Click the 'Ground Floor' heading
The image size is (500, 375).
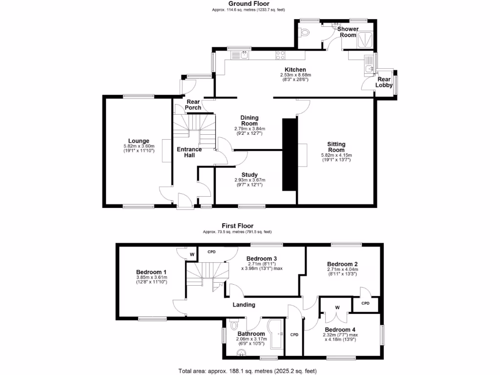(x=249, y=4)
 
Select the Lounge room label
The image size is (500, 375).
(x=139, y=141)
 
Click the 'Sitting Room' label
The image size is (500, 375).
(x=336, y=147)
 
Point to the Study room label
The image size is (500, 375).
(x=250, y=175)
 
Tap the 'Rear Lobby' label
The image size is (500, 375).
(x=384, y=82)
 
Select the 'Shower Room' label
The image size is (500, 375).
(x=348, y=32)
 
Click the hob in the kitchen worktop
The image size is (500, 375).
(x=281, y=55)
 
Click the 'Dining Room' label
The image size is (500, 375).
(x=249, y=121)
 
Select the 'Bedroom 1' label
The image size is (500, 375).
(x=151, y=272)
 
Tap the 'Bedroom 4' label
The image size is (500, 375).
(x=337, y=330)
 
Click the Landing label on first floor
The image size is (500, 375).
(x=244, y=305)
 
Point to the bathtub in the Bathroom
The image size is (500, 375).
(x=276, y=334)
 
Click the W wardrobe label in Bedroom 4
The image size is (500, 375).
(x=337, y=307)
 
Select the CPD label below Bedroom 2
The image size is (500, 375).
(x=366, y=303)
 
